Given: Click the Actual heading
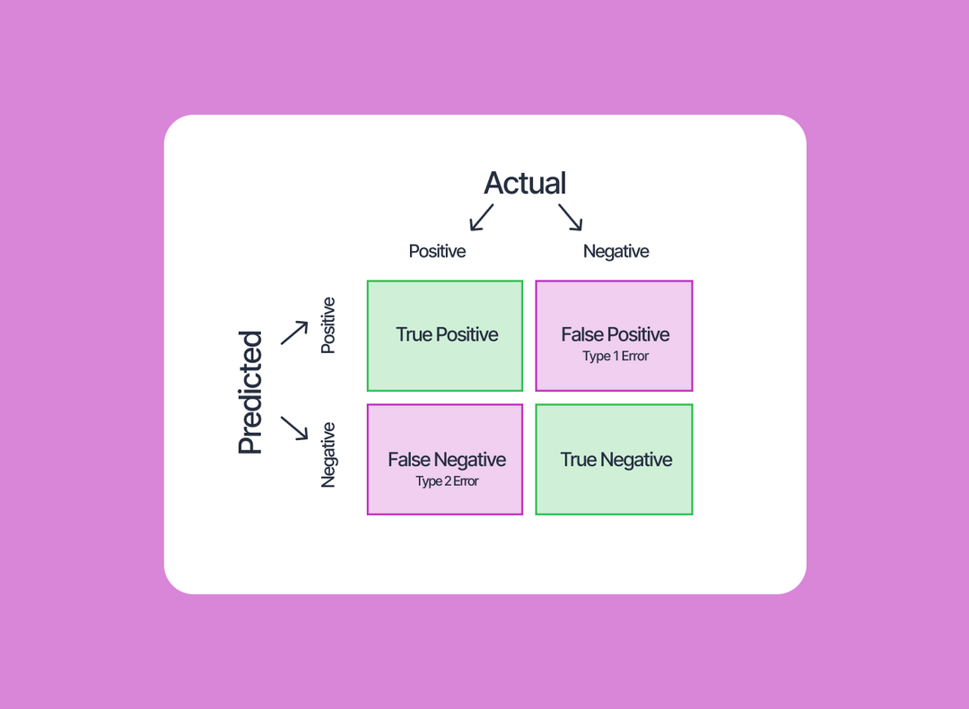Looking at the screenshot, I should click(525, 184).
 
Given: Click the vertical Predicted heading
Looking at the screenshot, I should click(250, 393).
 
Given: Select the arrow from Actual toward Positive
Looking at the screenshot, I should click(482, 217).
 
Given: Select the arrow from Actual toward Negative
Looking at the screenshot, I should click(571, 217).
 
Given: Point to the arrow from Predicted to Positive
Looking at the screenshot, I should click(294, 333).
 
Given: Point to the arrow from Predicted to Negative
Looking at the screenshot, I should click(294, 428).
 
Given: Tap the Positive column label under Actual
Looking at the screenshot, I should click(437, 252).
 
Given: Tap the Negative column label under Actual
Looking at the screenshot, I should click(615, 252).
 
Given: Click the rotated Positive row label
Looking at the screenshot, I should click(328, 325).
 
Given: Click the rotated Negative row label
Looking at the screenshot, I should click(328, 454).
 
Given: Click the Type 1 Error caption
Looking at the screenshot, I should click(615, 357).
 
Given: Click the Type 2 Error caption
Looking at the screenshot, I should click(447, 481).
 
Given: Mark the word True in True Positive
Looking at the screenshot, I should click(414, 335).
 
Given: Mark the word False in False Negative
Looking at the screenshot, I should click(408, 460).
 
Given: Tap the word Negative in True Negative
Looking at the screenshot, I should click(636, 460).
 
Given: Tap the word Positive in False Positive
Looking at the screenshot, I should click(639, 335).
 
